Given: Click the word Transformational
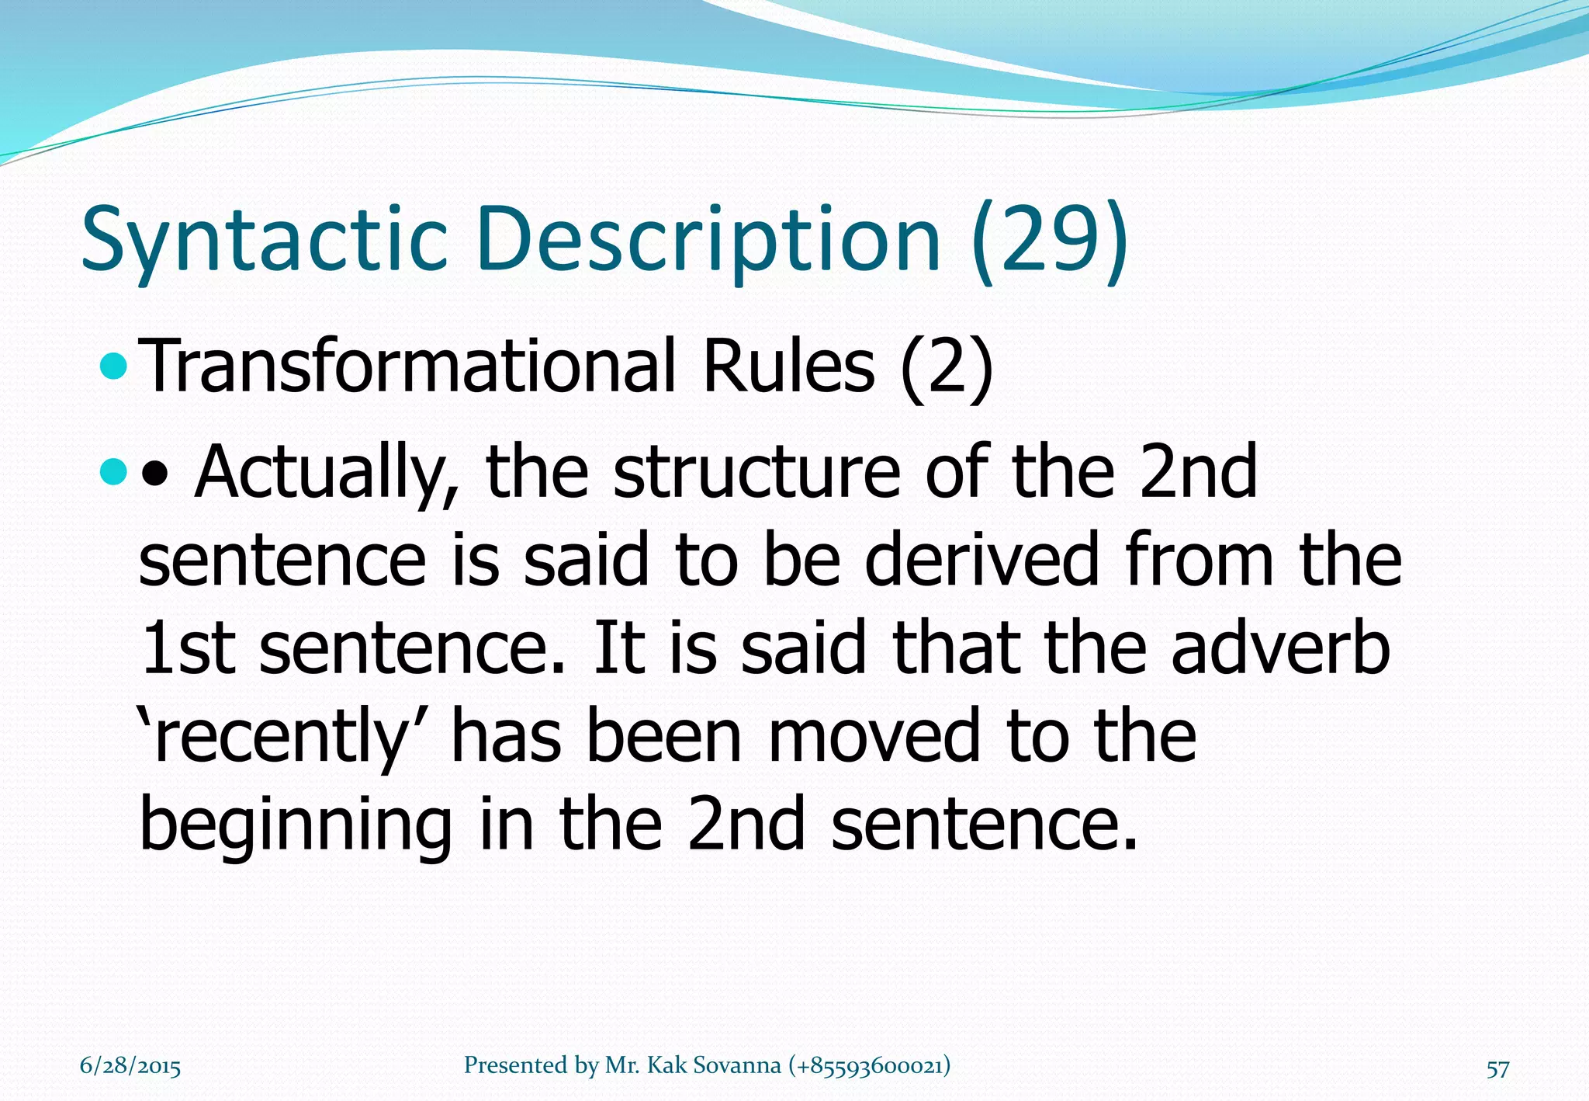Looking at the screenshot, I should coord(411,366).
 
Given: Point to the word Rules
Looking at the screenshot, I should coord(789,366).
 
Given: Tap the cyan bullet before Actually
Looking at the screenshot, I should coord(114,471).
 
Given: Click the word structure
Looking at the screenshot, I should coord(756,471).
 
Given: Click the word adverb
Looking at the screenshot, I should coord(1280,648).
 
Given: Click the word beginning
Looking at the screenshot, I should coord(296,825).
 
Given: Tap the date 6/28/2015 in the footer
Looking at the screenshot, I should coord(130,1066).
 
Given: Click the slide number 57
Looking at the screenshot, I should coord(1497,1069).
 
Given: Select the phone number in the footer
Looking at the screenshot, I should coord(869,1065).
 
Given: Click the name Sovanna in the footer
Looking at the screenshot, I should coord(736,1065).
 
